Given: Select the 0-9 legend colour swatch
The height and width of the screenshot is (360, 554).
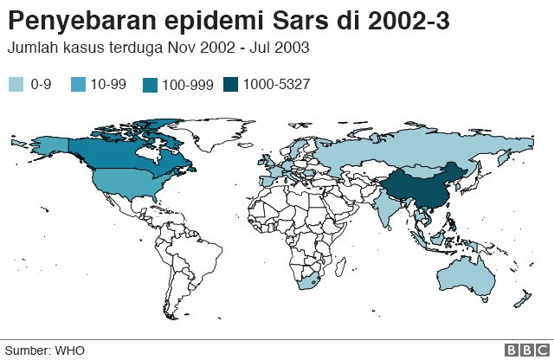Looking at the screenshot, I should (16, 84).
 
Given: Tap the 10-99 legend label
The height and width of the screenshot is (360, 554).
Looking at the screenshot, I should (108, 84).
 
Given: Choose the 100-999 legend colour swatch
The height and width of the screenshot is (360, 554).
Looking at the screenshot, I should (151, 84).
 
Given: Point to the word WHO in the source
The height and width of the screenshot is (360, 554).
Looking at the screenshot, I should (71, 350).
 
